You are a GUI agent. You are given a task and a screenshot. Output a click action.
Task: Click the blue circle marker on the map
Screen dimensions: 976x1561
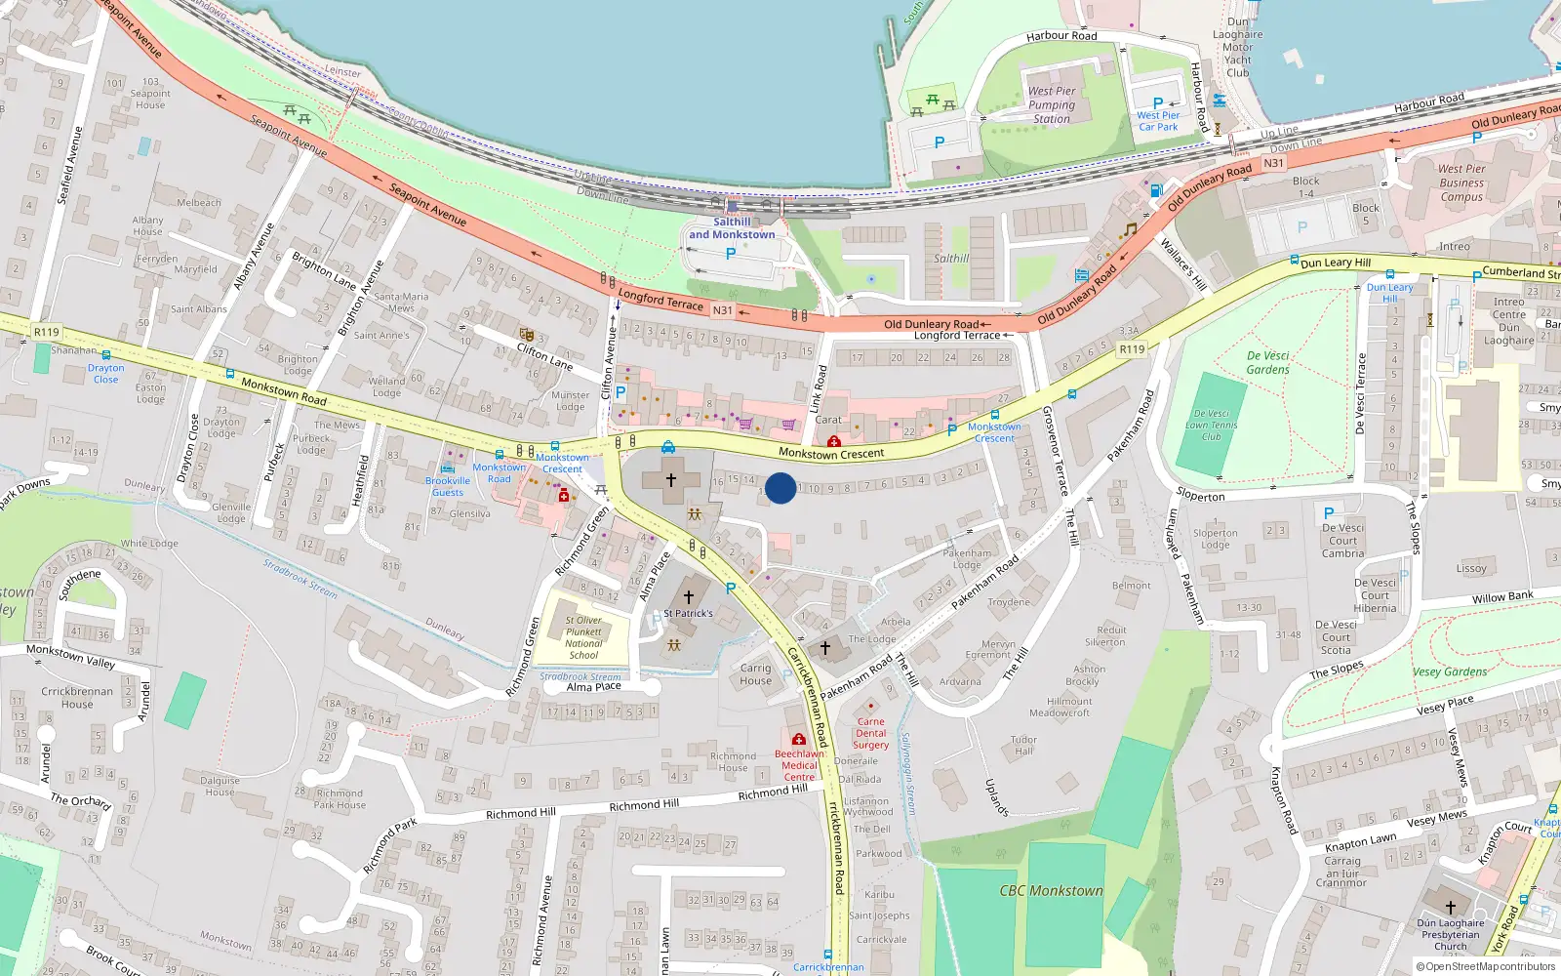(x=780, y=488)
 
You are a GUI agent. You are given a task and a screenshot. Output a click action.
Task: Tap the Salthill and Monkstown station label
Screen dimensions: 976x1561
(x=732, y=228)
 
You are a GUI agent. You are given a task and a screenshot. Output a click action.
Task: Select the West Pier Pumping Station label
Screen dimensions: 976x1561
(x=1052, y=105)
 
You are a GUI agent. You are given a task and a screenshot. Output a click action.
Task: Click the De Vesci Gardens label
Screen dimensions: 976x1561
(x=1268, y=363)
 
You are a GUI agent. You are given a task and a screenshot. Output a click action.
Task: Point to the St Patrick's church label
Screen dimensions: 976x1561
(x=689, y=614)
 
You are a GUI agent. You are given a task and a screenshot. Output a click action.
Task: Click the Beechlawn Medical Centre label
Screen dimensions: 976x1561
(x=799, y=765)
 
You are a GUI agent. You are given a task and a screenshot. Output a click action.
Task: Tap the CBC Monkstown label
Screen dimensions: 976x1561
(x=1051, y=891)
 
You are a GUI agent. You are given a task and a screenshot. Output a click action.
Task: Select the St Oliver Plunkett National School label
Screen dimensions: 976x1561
(x=583, y=637)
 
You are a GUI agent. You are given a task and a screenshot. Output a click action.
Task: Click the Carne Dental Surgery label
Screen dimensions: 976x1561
(x=871, y=733)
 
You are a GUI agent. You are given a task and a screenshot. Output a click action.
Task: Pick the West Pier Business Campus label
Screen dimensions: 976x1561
(x=1461, y=183)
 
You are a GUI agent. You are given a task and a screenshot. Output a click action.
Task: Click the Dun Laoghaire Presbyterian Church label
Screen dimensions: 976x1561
(x=1451, y=934)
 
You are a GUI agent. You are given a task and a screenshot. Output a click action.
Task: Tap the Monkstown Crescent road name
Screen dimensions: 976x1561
(x=831, y=453)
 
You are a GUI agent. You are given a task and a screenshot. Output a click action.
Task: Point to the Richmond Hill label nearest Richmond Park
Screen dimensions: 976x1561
(x=521, y=813)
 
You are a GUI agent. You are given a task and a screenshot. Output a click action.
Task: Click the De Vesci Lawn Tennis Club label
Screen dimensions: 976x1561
(x=1212, y=426)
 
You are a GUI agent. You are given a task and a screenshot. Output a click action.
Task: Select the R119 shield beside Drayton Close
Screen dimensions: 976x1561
(x=46, y=332)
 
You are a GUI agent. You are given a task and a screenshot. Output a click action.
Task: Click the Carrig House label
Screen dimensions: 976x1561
(x=755, y=674)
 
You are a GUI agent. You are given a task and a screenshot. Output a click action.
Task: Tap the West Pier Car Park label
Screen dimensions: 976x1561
(x=1158, y=121)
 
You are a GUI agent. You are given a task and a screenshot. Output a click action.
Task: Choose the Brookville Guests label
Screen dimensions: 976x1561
(x=448, y=486)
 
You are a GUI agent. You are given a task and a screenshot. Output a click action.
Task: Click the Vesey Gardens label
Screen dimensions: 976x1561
(x=1450, y=671)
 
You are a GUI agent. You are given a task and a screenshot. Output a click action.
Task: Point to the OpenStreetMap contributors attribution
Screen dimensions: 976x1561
(x=1486, y=967)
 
